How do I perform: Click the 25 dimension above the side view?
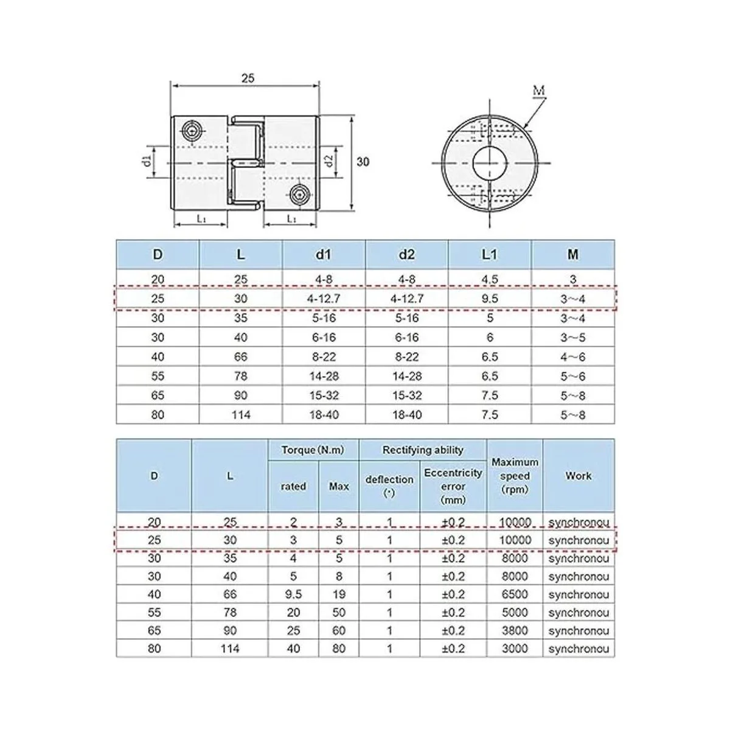pyautogui.click(x=248, y=78)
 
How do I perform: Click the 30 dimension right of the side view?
pyautogui.click(x=363, y=162)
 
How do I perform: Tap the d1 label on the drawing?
pyautogui.click(x=146, y=162)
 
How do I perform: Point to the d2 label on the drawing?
pyautogui.click(x=328, y=162)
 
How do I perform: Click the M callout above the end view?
pyautogui.click(x=539, y=91)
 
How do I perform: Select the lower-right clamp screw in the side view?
pyautogui.click(x=297, y=194)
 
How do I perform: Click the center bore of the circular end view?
pyautogui.click(x=490, y=162)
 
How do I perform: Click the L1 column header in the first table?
pyautogui.click(x=490, y=255)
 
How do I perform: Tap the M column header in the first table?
pyautogui.click(x=572, y=255)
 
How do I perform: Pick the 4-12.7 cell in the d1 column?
pyautogui.click(x=324, y=299)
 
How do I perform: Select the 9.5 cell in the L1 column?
pyautogui.click(x=490, y=299)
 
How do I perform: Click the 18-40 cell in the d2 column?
pyautogui.click(x=406, y=415)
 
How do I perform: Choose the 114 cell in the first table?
pyautogui.click(x=241, y=415)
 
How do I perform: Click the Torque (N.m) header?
pyautogui.click(x=313, y=450)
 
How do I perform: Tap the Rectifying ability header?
pyautogui.click(x=423, y=450)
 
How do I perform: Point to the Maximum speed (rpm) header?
pyautogui.click(x=515, y=476)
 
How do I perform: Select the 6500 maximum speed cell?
pyautogui.click(x=515, y=594)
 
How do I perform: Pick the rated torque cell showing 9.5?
pyautogui.click(x=293, y=594)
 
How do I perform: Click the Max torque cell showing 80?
pyautogui.click(x=339, y=649)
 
